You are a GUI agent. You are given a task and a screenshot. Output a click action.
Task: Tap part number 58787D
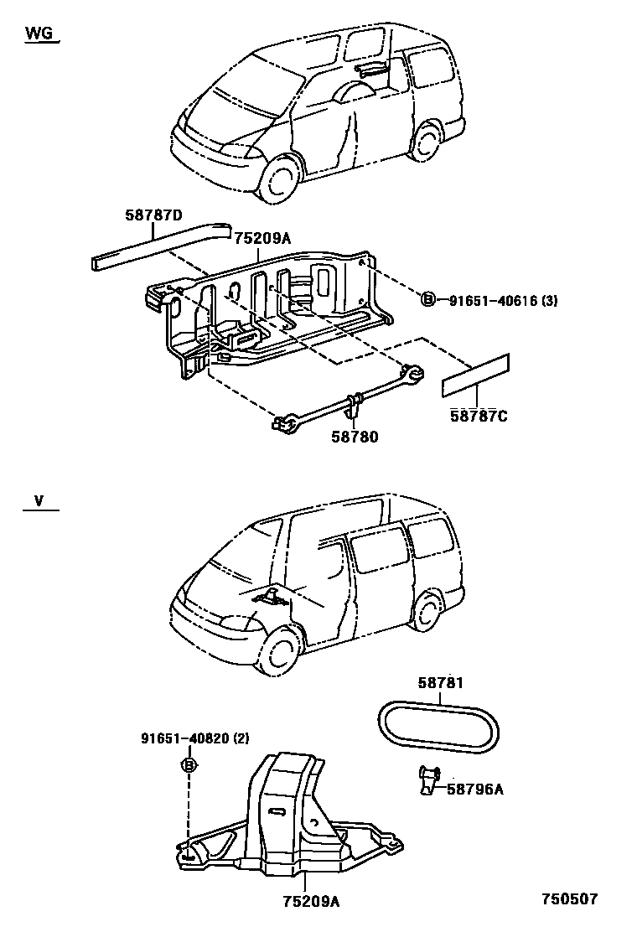click(x=153, y=215)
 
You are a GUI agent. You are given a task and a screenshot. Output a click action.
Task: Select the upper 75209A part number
click(x=262, y=239)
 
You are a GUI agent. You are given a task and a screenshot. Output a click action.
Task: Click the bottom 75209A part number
click(x=310, y=901)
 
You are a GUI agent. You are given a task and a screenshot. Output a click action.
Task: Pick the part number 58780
click(x=354, y=437)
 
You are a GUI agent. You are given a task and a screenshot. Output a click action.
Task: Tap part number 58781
click(x=440, y=683)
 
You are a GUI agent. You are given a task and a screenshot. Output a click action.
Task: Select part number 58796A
click(x=474, y=789)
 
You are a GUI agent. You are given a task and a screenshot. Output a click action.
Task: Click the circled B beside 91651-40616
click(x=427, y=299)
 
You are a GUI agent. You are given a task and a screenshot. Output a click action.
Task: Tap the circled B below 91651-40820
click(x=189, y=764)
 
